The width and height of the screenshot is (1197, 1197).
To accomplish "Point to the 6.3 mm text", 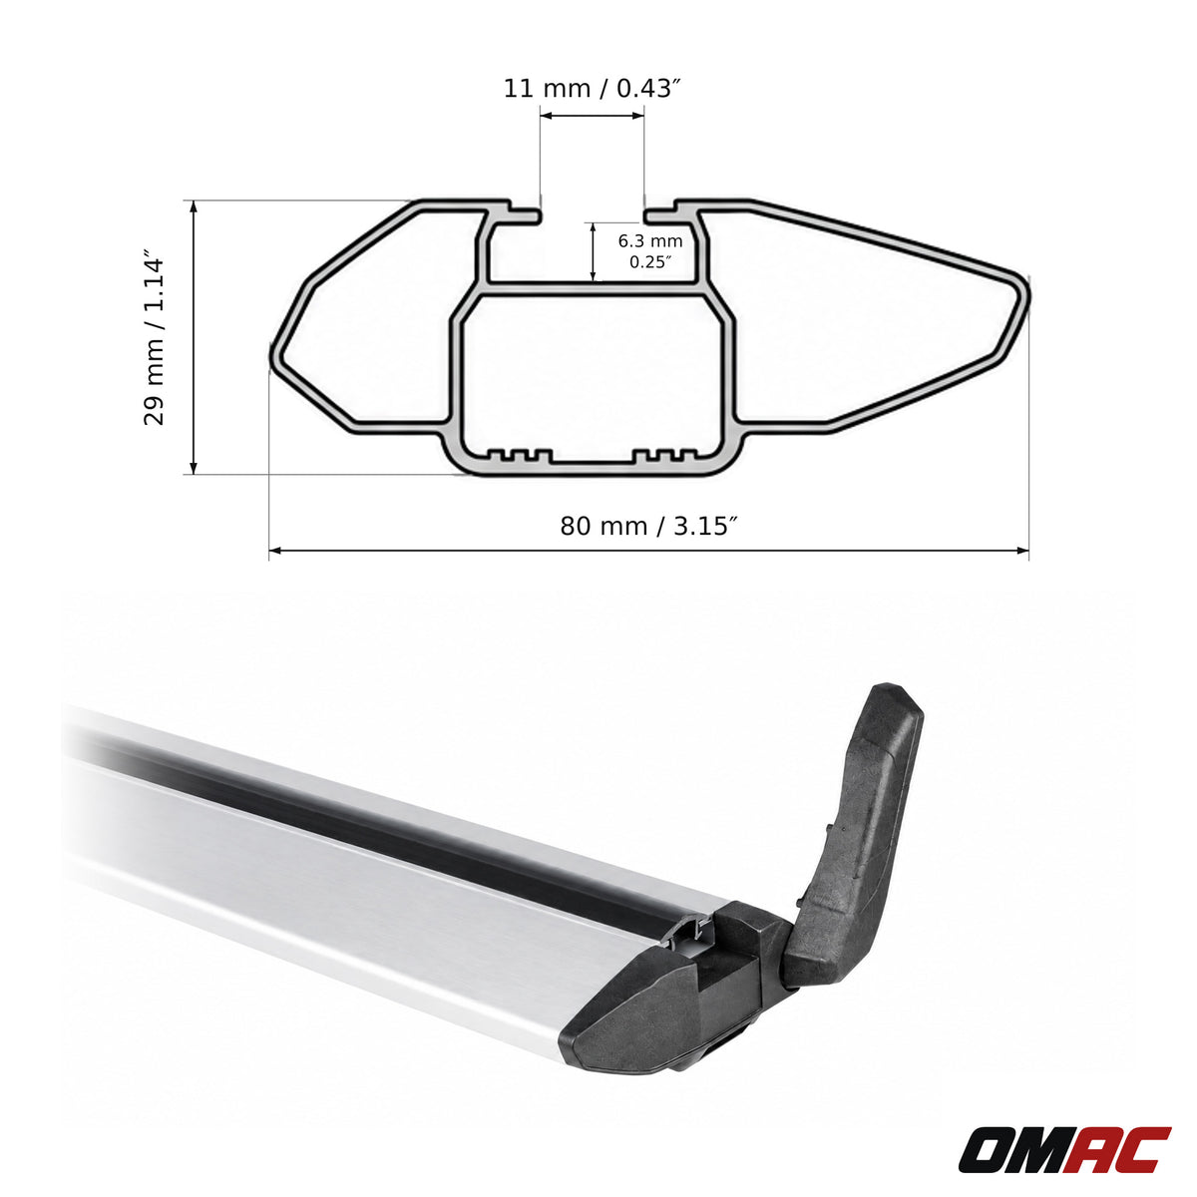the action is pos(650,240).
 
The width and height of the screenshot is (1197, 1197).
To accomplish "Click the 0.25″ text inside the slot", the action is pos(650,261).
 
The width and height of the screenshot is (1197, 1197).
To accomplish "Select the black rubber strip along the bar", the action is pos(398,821).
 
